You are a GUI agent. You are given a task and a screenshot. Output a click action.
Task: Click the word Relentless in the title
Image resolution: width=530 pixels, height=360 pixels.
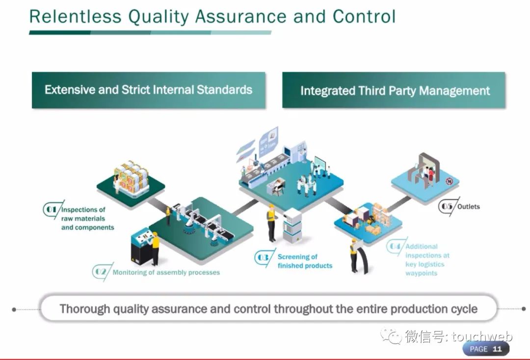pyautogui.click(x=75, y=16)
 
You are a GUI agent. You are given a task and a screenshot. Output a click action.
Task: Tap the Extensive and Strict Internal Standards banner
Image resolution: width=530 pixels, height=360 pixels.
pyautogui.click(x=148, y=90)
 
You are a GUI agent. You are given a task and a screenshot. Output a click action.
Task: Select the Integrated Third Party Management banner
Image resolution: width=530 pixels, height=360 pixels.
pyautogui.click(x=394, y=90)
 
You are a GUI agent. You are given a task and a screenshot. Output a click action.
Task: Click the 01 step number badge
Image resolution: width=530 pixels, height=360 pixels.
pyautogui.click(x=52, y=209)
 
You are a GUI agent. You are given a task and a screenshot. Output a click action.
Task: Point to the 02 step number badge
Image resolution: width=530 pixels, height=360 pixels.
pyautogui.click(x=101, y=272)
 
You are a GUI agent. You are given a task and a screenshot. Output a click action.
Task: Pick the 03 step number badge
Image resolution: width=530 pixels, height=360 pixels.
pyautogui.click(x=263, y=257)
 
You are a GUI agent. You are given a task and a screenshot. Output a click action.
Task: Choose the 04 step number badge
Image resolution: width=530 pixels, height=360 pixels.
pyautogui.click(x=395, y=246)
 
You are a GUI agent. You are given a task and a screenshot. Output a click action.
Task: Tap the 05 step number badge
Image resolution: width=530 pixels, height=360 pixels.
pyautogui.click(x=447, y=206)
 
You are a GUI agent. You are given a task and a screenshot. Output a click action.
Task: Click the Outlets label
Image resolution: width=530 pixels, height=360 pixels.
pyautogui.click(x=469, y=206)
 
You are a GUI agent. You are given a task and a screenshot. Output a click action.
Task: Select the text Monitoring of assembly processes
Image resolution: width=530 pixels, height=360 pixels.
pyautogui.click(x=166, y=273)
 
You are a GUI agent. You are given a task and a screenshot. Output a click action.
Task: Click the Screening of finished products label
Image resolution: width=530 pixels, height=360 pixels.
pyautogui.click(x=305, y=261)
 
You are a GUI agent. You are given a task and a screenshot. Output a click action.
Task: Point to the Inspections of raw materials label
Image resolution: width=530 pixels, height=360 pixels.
pyautogui.click(x=87, y=219)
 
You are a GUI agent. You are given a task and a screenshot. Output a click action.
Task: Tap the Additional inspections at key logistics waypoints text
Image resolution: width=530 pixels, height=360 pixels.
pyautogui.click(x=427, y=260)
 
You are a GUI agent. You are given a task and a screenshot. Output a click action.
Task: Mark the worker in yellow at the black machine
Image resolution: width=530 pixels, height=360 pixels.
pyautogui.click(x=155, y=249)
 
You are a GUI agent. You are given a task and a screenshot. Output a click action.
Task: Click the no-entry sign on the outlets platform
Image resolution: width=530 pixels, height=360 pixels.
pyautogui.click(x=449, y=181)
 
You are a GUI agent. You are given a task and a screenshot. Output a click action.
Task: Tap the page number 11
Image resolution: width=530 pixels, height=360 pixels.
pyautogui.click(x=497, y=349)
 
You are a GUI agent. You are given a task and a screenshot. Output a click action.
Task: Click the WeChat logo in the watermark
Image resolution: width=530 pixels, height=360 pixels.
pyautogui.click(x=391, y=335)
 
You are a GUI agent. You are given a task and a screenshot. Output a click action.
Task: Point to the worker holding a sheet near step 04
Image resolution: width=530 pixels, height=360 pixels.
pyautogui.click(x=355, y=255)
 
